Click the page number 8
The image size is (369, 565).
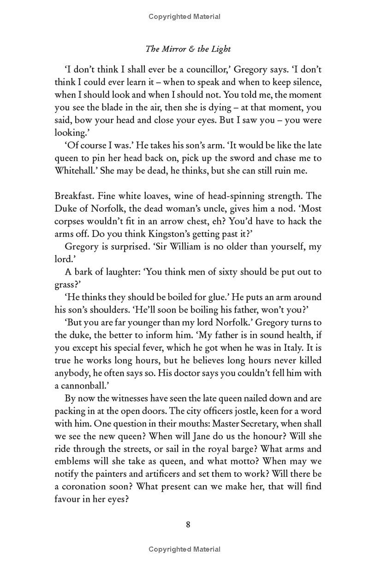pyautogui.click(x=188, y=524)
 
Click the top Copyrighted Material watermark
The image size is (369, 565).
pyautogui.click(x=184, y=17)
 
